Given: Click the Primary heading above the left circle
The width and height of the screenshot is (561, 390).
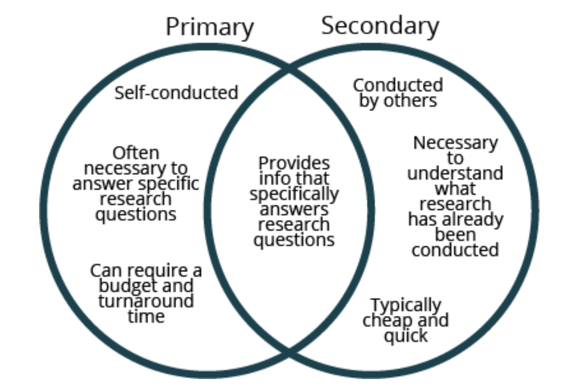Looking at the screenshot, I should [210, 27].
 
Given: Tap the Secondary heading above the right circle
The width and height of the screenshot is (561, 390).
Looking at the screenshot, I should [380, 25].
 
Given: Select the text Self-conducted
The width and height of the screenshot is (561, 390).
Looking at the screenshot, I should [176, 93].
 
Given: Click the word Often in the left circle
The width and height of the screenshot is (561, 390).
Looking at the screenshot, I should [136, 153].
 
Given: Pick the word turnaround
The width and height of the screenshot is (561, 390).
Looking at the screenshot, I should [146, 301].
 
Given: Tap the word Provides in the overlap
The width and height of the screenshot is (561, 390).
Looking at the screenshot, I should [294, 163].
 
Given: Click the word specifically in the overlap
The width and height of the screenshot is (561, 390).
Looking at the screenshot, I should [294, 194].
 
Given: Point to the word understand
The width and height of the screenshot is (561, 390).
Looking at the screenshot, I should [455, 174].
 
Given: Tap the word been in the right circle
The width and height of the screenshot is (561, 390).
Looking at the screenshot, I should [455, 235].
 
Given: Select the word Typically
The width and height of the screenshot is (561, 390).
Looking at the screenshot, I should [406, 304].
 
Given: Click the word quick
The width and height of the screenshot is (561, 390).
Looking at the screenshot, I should [406, 336].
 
